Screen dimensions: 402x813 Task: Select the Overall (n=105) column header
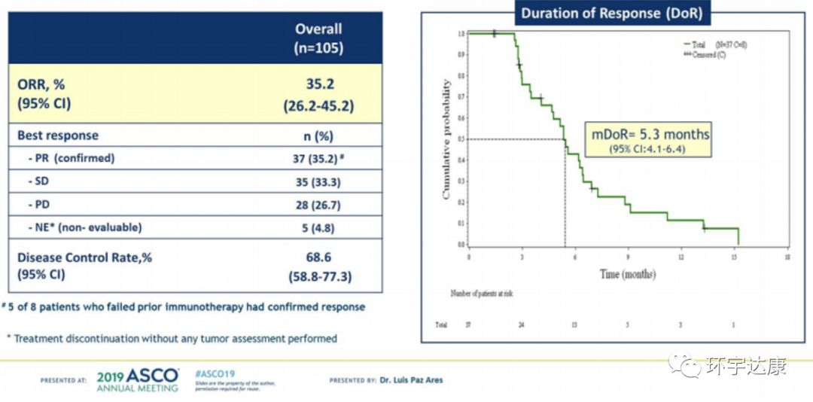click(x=318, y=38)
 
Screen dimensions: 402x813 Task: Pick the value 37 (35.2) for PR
click(x=318, y=158)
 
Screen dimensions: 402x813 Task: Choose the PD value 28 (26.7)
click(x=318, y=204)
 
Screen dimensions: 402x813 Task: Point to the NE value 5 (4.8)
click(x=318, y=227)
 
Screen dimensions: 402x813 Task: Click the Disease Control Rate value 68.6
click(x=318, y=257)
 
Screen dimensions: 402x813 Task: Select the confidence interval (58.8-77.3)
click(x=318, y=276)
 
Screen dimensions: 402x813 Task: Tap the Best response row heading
click(x=58, y=136)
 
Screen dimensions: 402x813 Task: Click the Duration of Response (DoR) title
click(x=611, y=13)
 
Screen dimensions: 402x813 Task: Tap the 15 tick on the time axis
click(x=734, y=257)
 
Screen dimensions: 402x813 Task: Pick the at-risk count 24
click(x=521, y=325)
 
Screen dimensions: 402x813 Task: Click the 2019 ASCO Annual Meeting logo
click(x=138, y=379)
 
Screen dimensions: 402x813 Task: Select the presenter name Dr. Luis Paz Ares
click(x=411, y=380)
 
